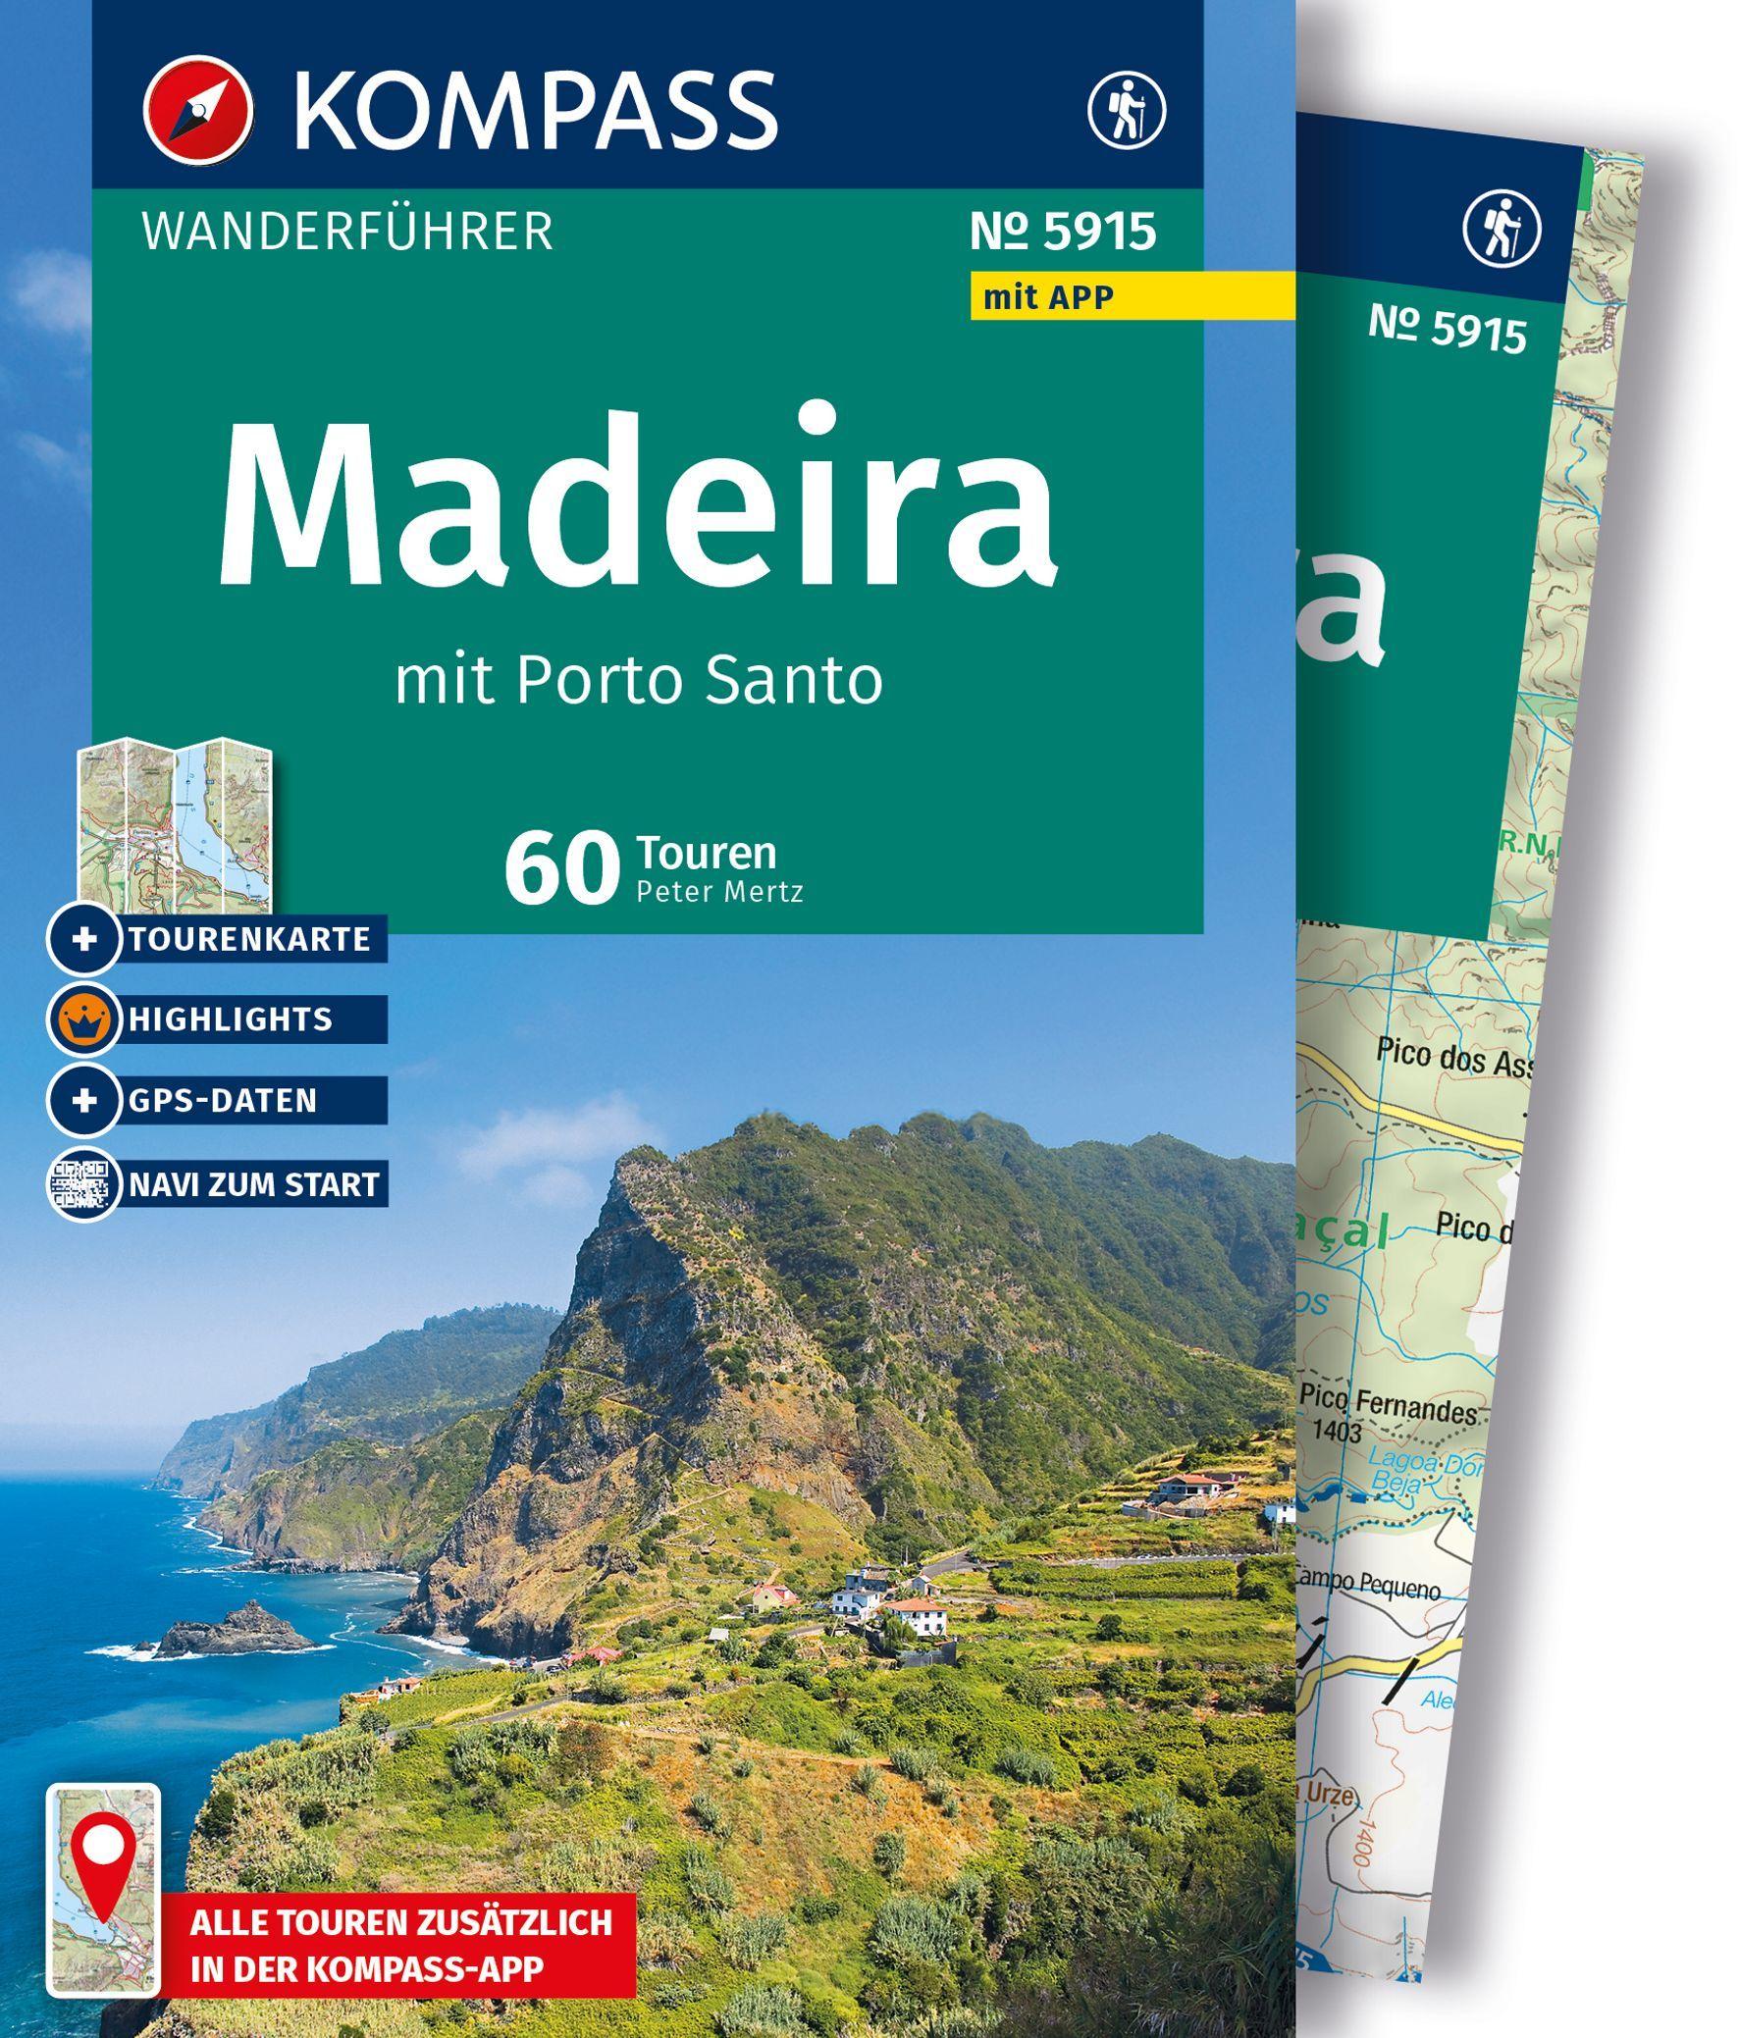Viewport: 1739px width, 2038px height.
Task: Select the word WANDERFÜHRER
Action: tap(347, 233)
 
